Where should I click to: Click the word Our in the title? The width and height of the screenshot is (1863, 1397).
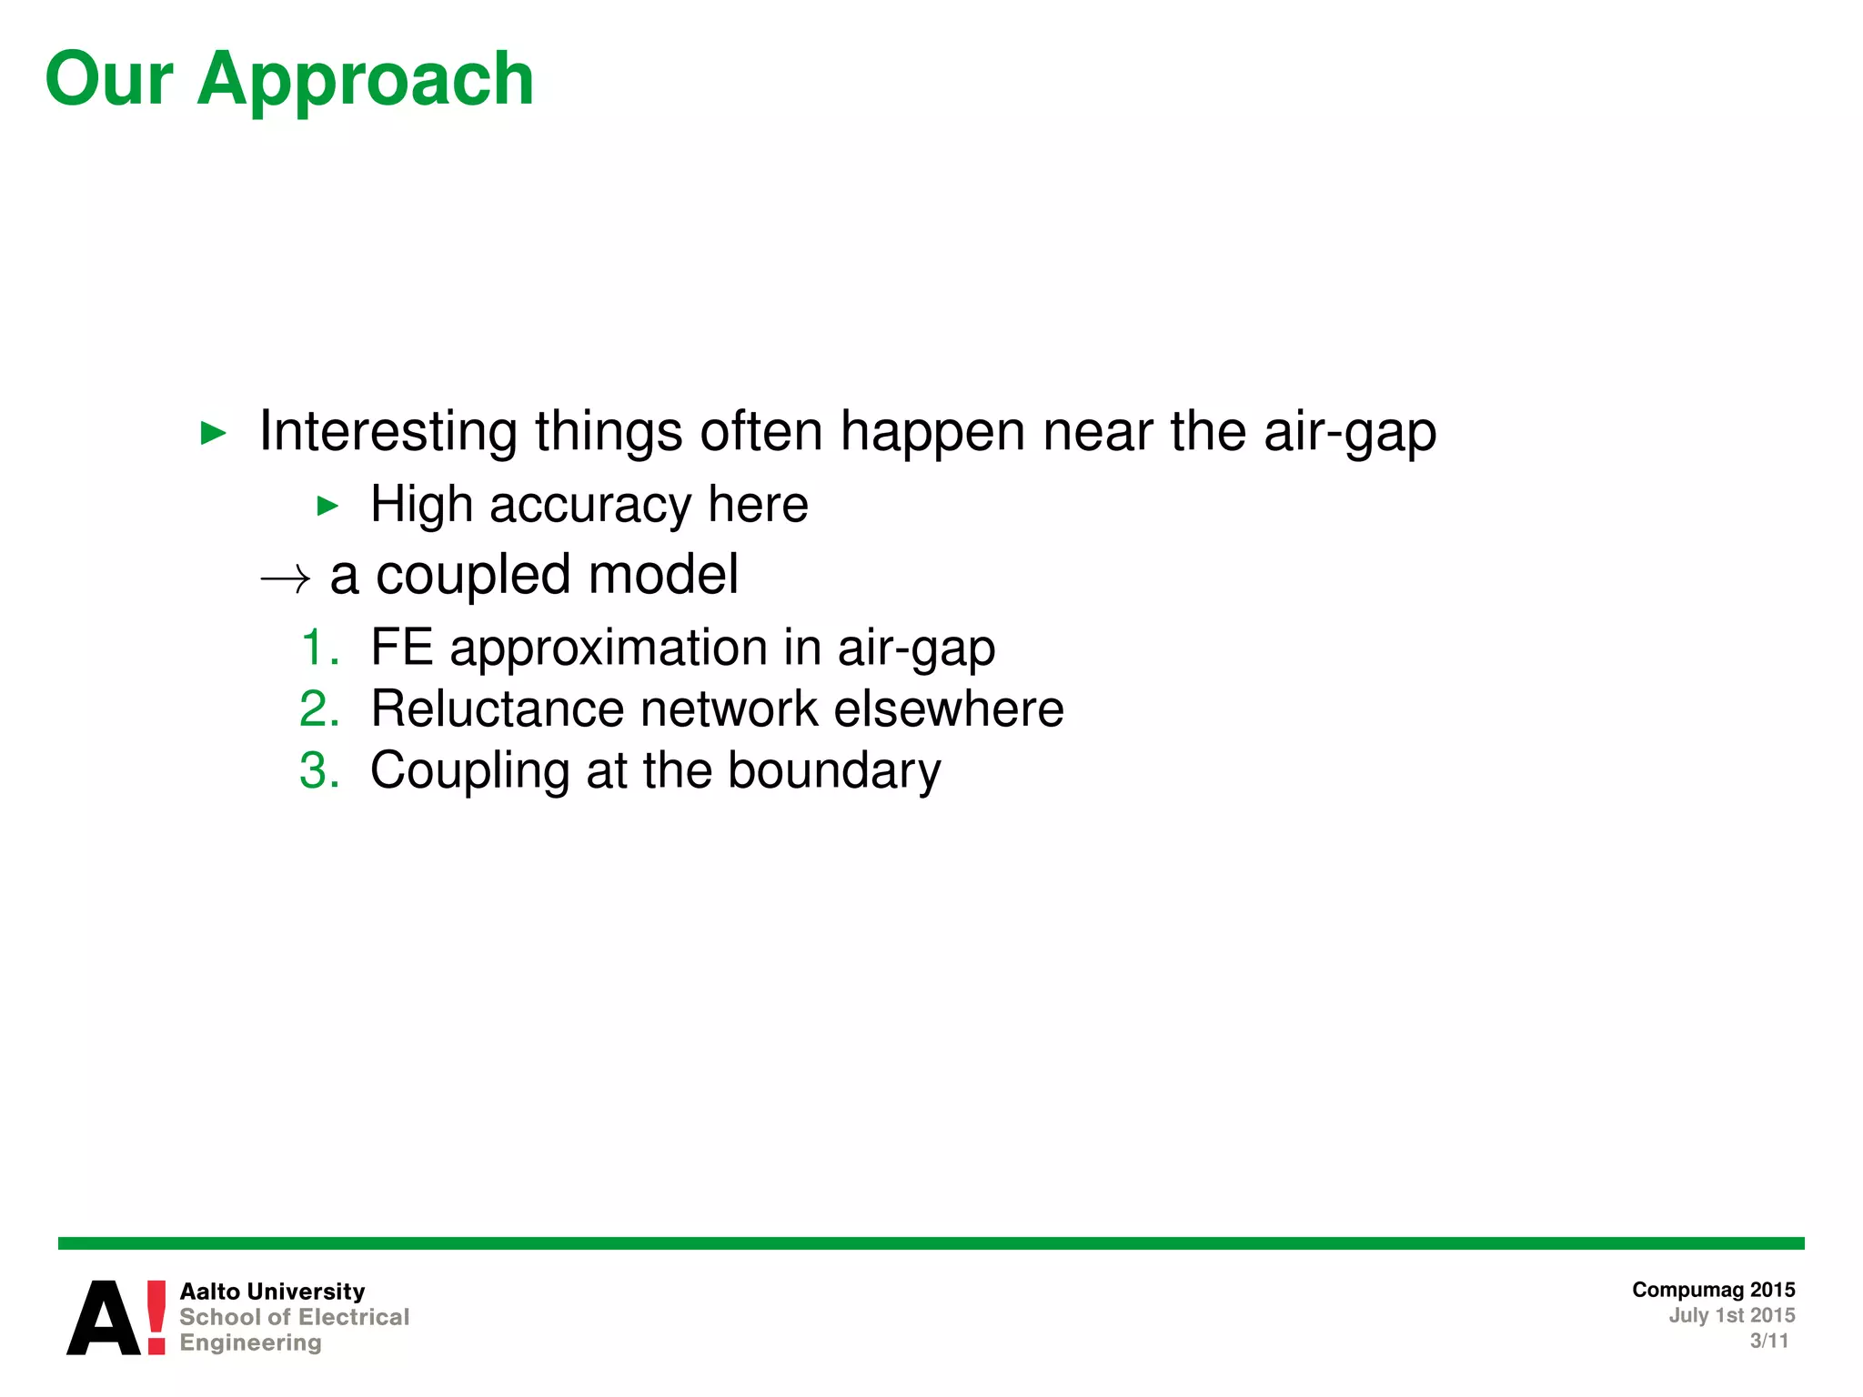pos(108,80)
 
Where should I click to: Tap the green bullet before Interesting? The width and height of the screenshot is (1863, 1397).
pos(213,433)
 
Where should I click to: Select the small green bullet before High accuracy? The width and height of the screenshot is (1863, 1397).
pos(327,507)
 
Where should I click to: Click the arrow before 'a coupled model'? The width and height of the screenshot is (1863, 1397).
pos(286,578)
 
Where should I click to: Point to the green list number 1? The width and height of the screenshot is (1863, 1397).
pos(318,648)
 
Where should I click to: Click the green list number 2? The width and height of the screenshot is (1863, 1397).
pos(318,709)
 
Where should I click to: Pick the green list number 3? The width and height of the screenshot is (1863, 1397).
pos(318,770)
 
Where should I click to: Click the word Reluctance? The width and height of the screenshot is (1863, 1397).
pos(497,709)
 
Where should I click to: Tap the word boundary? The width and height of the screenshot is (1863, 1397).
pos(833,770)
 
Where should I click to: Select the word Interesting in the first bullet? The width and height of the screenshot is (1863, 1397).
pos(388,431)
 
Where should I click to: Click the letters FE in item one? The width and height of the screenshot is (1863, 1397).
pos(401,648)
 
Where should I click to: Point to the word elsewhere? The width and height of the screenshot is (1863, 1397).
pos(948,709)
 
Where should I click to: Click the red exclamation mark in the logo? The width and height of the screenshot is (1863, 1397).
pos(156,1317)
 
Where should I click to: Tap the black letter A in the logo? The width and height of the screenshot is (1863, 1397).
pos(104,1319)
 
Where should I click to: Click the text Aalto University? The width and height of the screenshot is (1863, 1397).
pos(272,1291)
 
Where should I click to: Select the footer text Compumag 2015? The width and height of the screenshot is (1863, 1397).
pos(1713,1290)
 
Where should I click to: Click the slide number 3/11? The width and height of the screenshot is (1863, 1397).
pos(1768,1341)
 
